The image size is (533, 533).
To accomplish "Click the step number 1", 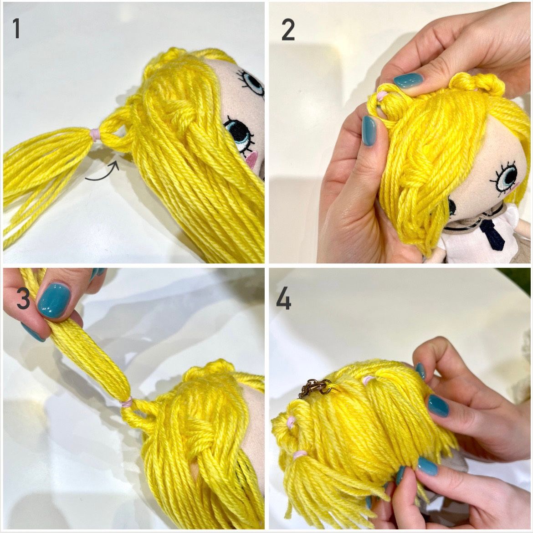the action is click(16, 28).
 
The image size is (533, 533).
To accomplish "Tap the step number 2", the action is click(288, 30).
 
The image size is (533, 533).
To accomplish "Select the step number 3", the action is click(23, 299).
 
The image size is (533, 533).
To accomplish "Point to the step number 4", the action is click(283, 298).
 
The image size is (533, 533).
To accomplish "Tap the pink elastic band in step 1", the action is click(95, 134).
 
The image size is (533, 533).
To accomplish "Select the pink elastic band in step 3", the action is click(127, 403).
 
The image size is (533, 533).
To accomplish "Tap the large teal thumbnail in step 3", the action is click(54, 300).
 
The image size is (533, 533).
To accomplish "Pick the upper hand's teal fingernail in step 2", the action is click(408, 81).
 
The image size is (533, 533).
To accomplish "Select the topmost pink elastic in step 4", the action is click(366, 380).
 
